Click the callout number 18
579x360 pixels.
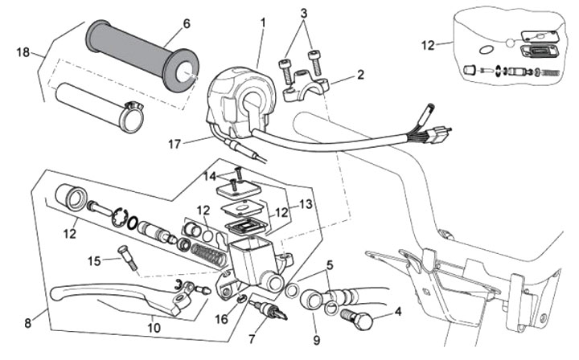23,52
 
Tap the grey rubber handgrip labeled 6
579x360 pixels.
142,55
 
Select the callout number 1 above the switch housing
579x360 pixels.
263,22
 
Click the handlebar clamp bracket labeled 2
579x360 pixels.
305,88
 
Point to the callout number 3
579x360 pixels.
303,14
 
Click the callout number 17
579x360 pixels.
175,144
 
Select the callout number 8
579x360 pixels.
28,324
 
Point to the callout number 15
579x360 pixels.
94,261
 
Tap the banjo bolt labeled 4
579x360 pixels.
356,318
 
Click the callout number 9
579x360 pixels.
317,340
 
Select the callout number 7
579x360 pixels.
253,339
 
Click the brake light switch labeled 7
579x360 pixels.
268,310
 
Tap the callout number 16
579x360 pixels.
222,319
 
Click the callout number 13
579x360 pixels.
306,204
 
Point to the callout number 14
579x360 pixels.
210,176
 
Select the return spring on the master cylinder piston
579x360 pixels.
208,254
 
